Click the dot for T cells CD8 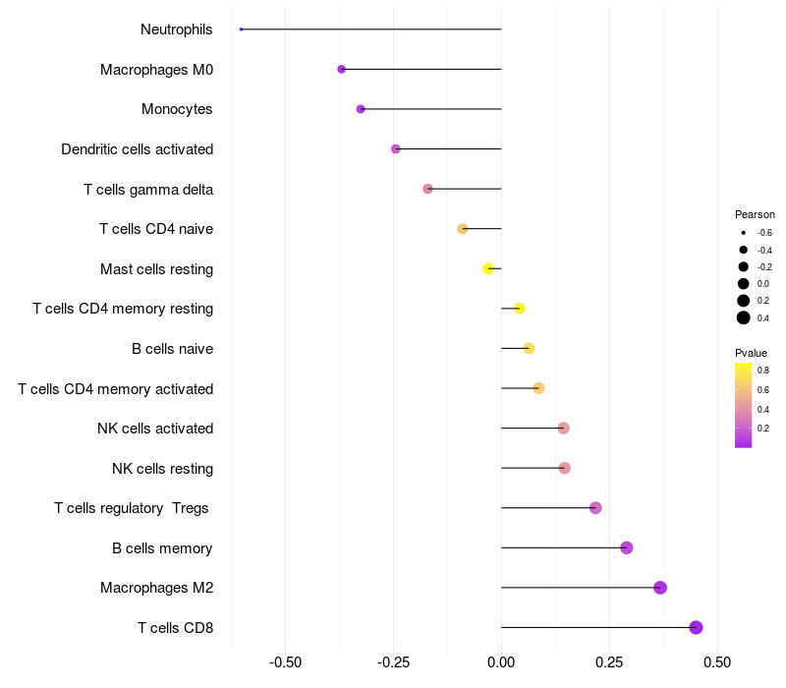(x=696, y=627)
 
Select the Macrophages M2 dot (x=660, y=588)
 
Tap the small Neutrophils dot (x=241, y=29)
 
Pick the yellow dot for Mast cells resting (x=488, y=268)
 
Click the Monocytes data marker (x=361, y=109)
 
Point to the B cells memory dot (x=627, y=547)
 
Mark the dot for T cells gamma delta (x=427, y=189)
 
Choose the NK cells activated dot (x=563, y=429)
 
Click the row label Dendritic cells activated (x=137, y=149)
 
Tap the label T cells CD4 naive (x=156, y=229)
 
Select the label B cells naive (x=172, y=349)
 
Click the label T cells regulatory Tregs (x=133, y=508)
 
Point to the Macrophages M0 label (x=156, y=70)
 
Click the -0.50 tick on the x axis (x=285, y=661)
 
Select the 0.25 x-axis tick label (x=609, y=661)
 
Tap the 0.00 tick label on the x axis (x=501, y=661)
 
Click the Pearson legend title (x=755, y=214)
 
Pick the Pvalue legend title (x=751, y=353)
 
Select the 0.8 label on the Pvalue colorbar (x=762, y=371)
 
